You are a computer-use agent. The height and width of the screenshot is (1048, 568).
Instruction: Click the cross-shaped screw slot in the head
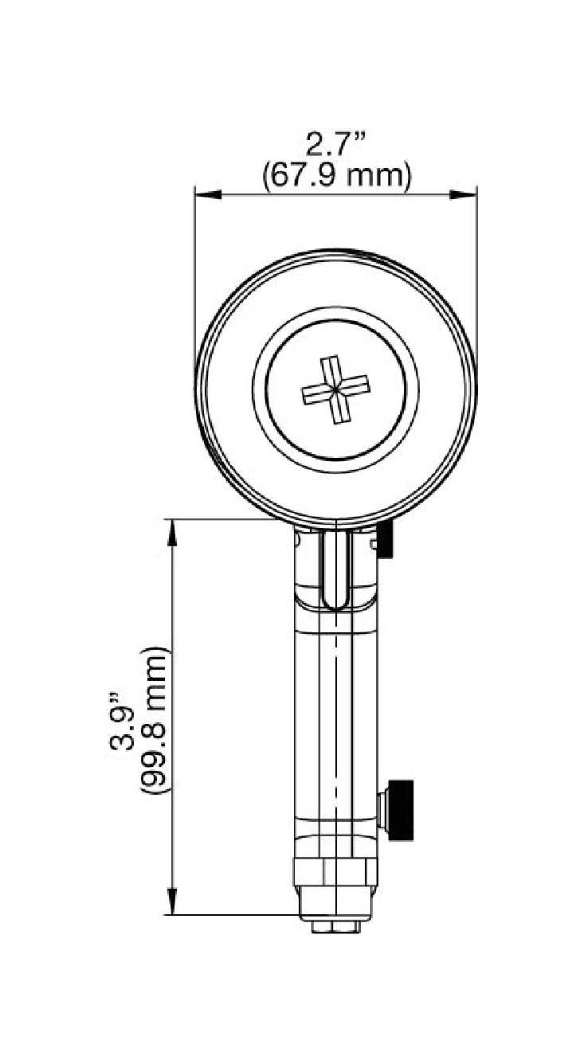(335, 390)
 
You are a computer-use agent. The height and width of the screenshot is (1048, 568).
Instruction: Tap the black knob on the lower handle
(400, 809)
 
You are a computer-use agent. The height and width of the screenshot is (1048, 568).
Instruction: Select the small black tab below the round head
(386, 542)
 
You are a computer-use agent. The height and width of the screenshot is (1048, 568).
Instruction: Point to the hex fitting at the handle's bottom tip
(335, 927)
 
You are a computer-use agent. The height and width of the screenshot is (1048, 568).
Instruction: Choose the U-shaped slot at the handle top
(335, 569)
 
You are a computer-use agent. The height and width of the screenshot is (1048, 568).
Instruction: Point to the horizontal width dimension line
(335, 193)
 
